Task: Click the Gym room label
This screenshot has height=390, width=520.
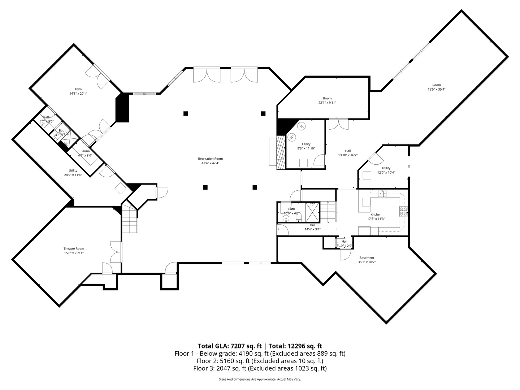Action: coord(78,89)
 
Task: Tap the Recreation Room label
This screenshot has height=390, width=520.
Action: coord(210,159)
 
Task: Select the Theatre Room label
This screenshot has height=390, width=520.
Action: coord(74,249)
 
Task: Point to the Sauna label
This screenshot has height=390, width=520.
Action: coord(85,151)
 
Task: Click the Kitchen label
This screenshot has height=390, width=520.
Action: coord(376,214)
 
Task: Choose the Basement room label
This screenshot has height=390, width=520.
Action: coord(367,258)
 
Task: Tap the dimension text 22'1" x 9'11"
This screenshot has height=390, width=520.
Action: coord(327,103)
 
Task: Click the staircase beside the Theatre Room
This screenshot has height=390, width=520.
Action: coord(129,219)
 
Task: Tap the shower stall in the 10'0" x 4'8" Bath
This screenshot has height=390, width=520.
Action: coord(312,212)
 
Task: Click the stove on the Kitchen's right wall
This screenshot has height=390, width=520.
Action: coord(403,211)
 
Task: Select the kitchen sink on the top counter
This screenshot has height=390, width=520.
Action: coord(382,194)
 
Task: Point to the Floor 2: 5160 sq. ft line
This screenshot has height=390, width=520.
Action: coord(260,361)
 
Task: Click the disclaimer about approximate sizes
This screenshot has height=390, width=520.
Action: coord(260,380)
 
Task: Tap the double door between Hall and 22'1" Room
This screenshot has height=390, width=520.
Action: coord(339,123)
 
